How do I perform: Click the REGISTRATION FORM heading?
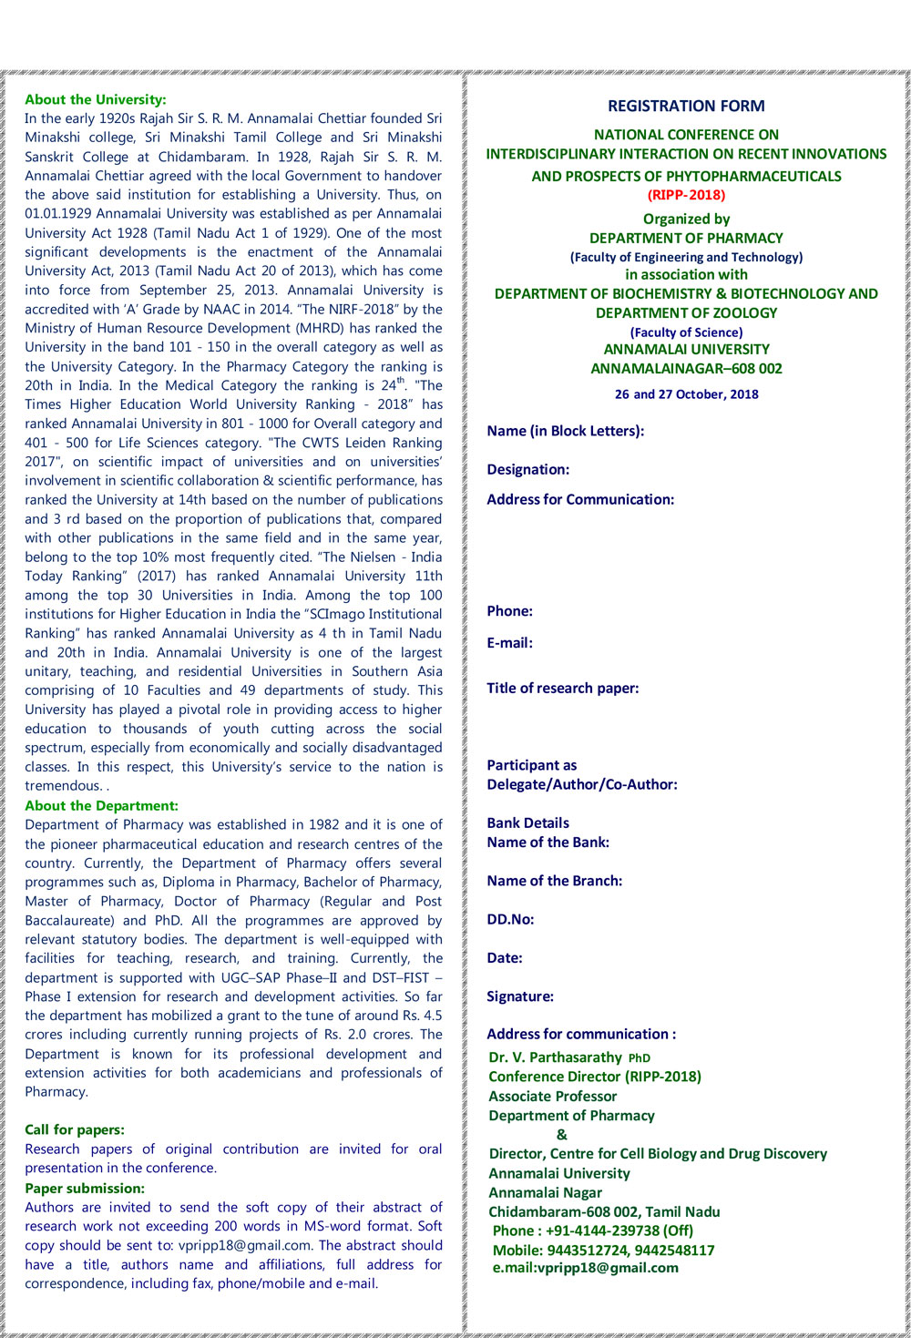[686, 106]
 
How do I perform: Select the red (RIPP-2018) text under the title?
[686, 195]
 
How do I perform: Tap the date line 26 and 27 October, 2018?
[686, 394]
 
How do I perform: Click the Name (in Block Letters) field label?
[565, 431]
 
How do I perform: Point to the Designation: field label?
[527, 469]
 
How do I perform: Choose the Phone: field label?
[509, 611]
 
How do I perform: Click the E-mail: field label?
[509, 643]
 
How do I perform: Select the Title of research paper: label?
[562, 689]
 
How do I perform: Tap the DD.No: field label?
[510, 920]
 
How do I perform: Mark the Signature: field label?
[519, 996]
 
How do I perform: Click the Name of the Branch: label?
[554, 881]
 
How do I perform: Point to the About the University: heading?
[96, 99]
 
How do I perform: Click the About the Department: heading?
[101, 805]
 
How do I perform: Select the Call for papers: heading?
[75, 1129]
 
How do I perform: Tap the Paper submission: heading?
[85, 1188]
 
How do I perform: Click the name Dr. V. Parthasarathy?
[555, 1057]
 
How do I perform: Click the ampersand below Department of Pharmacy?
[561, 1135]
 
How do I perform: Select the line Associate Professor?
[552, 1097]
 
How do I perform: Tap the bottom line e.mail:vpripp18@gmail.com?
[585, 1268]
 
